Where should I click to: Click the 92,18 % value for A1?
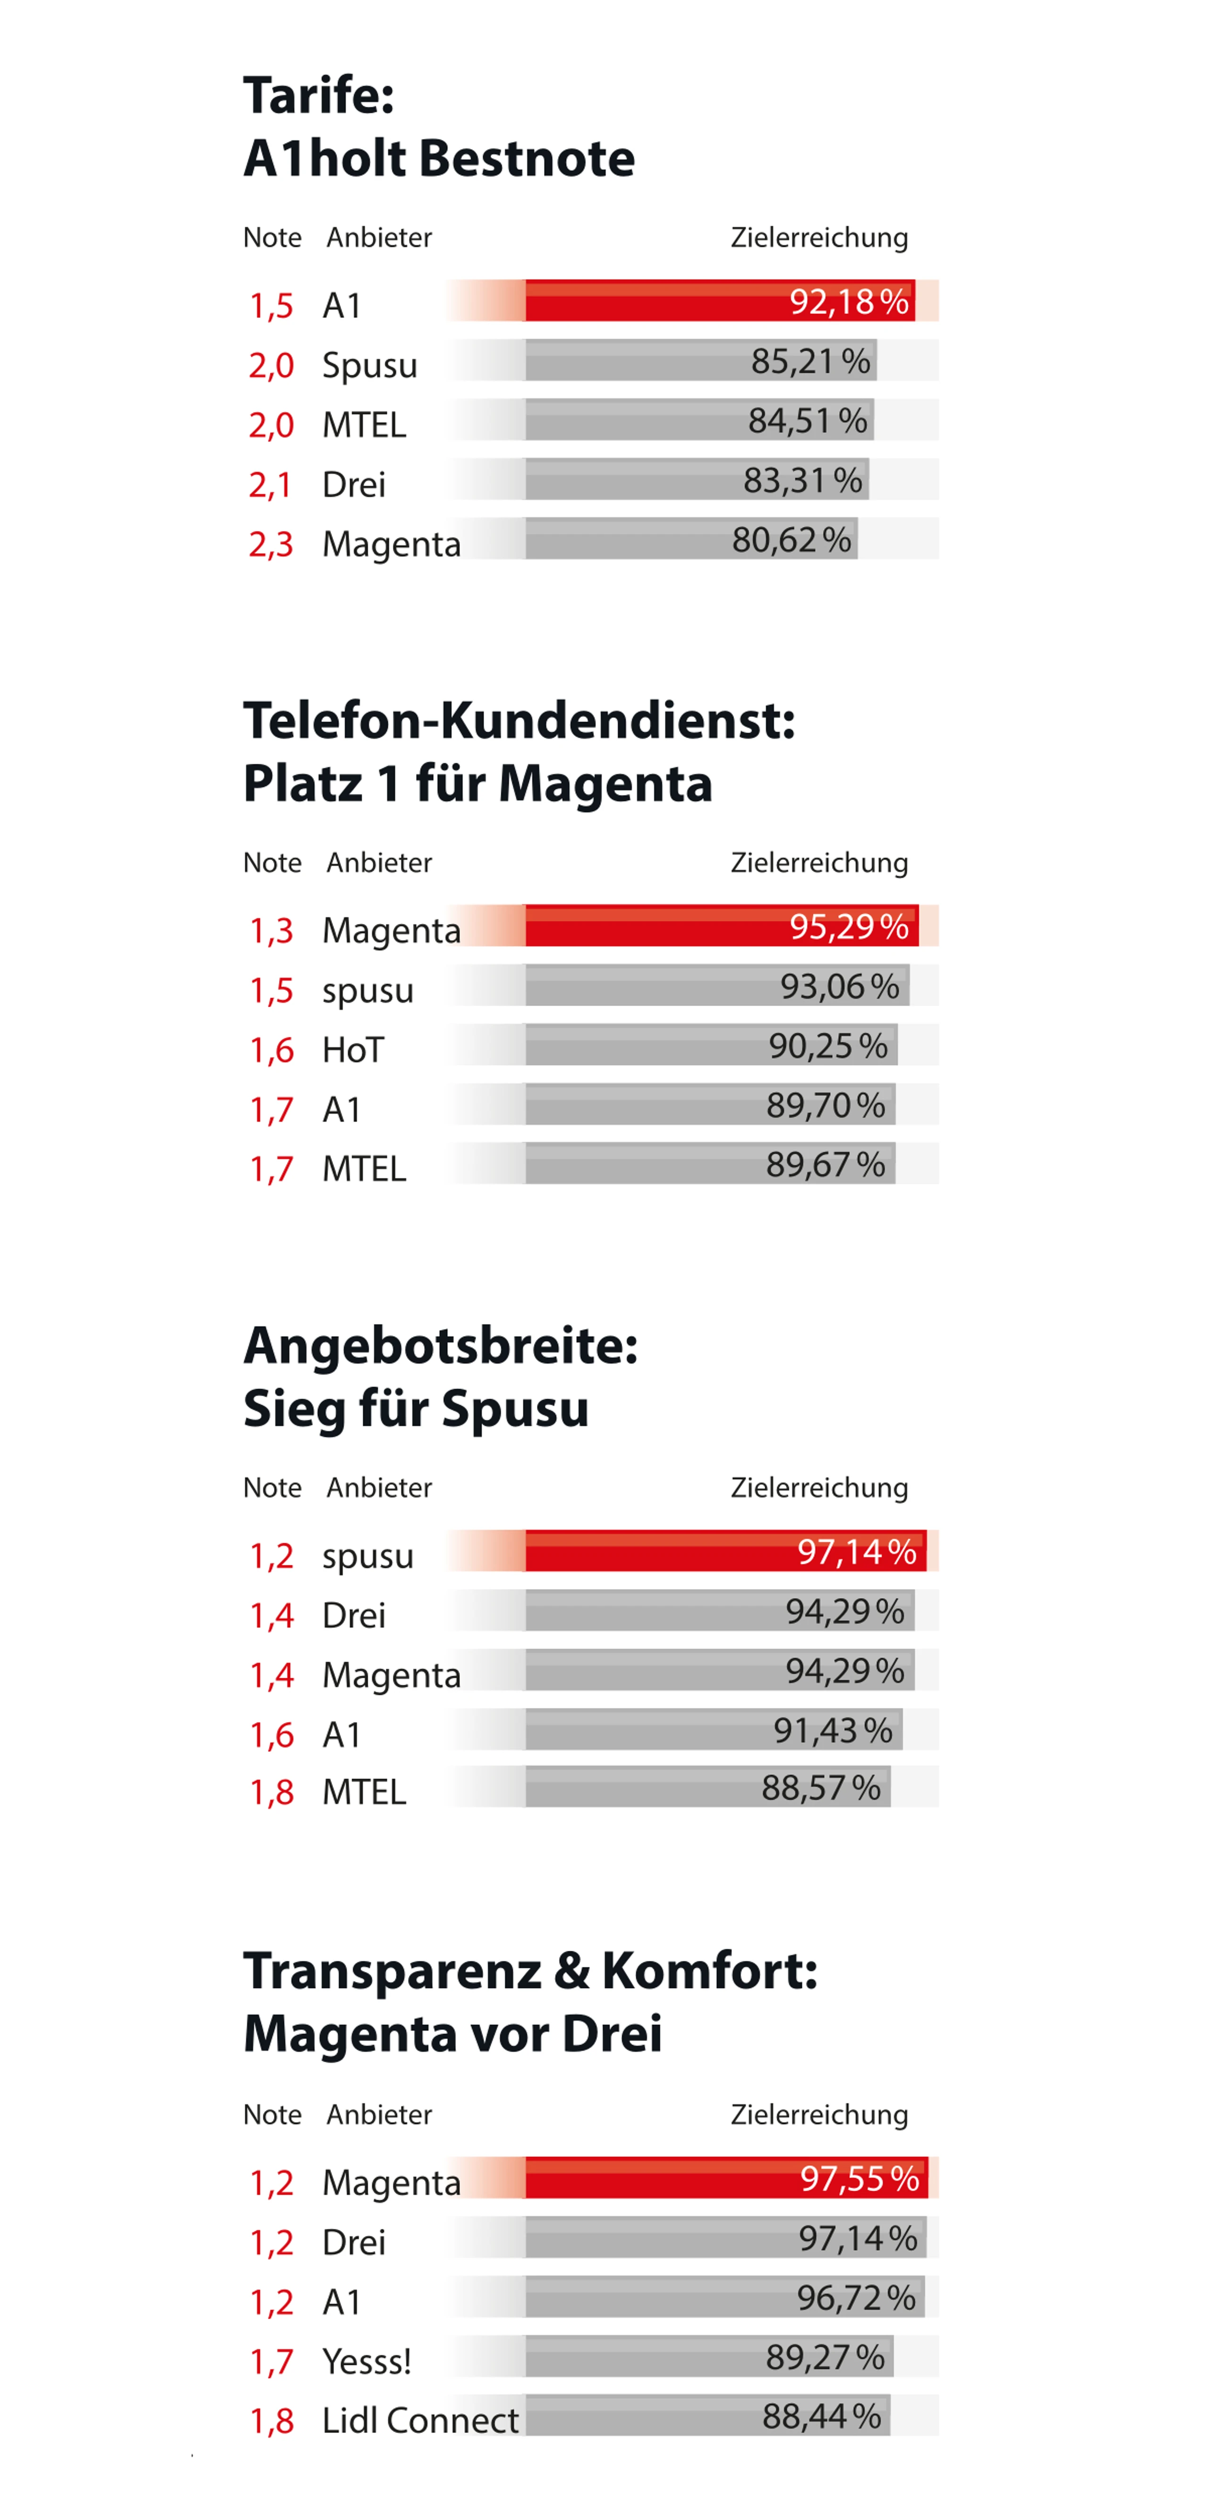[849, 302]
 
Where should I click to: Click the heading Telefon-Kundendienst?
[518, 721]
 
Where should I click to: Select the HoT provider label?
[353, 1050]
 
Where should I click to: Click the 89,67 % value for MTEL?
[825, 1164]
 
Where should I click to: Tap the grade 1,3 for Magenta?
[271, 931]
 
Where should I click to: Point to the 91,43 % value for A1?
[833, 1731]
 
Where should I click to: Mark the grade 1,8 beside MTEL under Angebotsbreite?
[271, 1791]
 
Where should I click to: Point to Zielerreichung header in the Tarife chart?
[818, 238]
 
